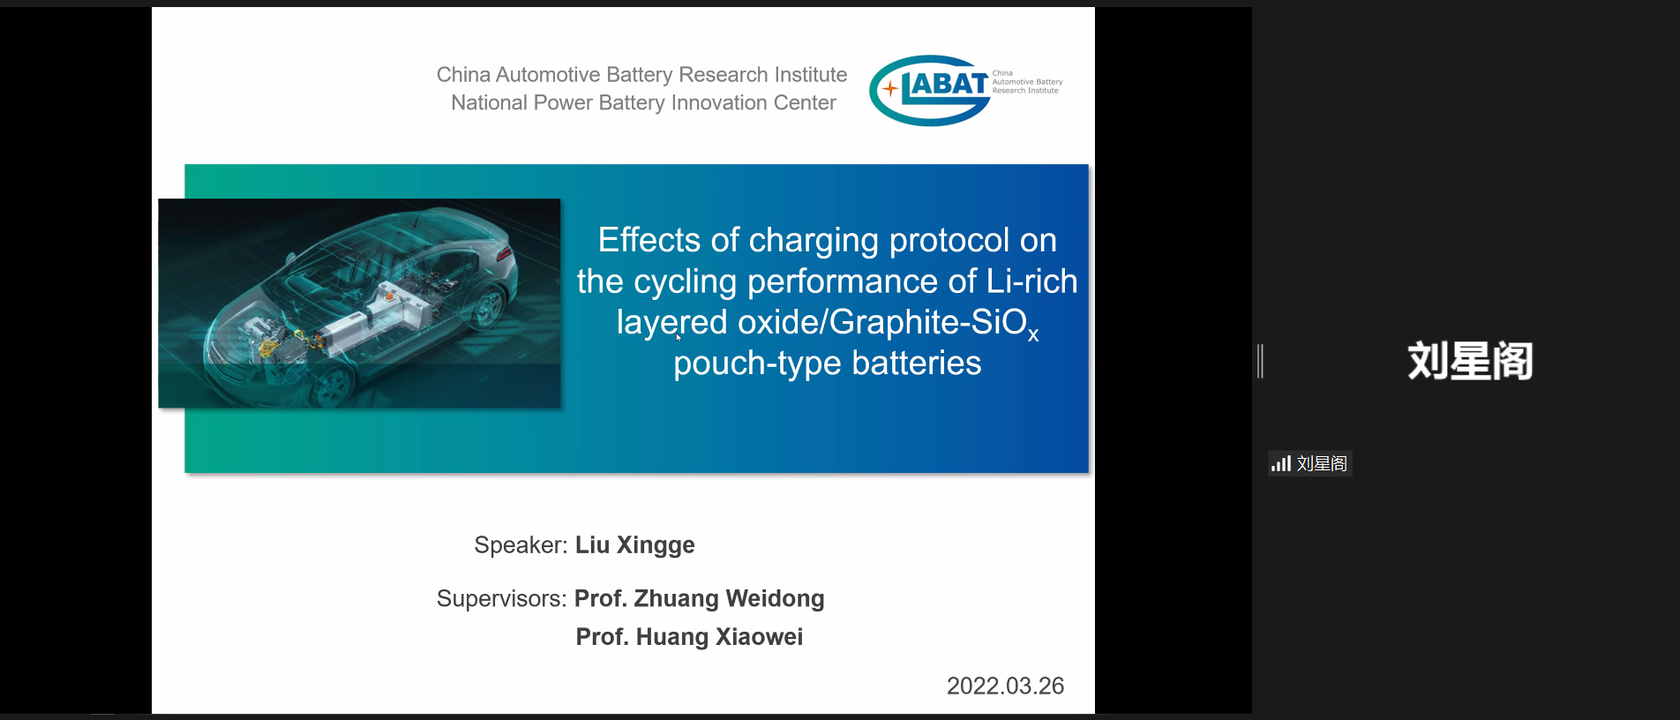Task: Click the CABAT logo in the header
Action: (x=966, y=90)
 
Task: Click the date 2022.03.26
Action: (x=1005, y=686)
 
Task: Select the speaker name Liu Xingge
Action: (x=635, y=545)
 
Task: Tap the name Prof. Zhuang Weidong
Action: (x=700, y=599)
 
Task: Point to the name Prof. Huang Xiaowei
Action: (x=689, y=637)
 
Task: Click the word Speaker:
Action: (x=521, y=546)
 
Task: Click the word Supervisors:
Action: (x=501, y=599)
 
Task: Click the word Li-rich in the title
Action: (x=1031, y=281)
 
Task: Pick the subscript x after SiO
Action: (x=1033, y=335)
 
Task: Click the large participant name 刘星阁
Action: (x=1470, y=361)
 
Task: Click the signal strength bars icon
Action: (x=1281, y=463)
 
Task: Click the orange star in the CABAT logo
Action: (x=890, y=88)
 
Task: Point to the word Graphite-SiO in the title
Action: (x=928, y=323)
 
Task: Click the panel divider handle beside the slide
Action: (x=1261, y=361)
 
